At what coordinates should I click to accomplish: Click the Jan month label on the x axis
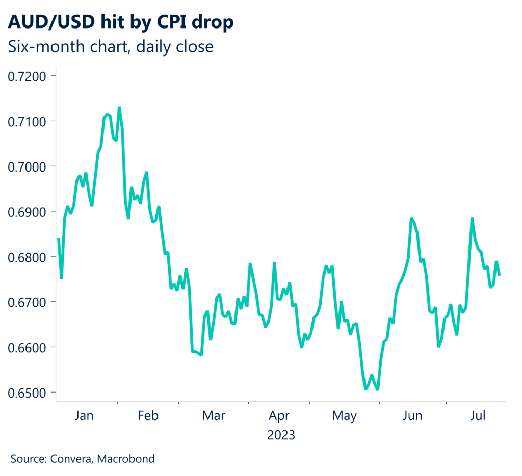[x=84, y=416]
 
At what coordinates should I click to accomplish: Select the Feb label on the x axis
[x=148, y=416]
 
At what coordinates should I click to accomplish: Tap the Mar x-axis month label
[x=214, y=416]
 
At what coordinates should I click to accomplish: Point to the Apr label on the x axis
[x=279, y=416]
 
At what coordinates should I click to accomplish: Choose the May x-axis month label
[x=344, y=416]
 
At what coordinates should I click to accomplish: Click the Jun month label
[x=412, y=416]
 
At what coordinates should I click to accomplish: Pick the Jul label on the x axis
[x=477, y=416]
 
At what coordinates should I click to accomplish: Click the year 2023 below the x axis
[x=281, y=436]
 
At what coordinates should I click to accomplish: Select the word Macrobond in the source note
[x=126, y=459]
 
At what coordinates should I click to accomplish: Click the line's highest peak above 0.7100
[x=119, y=108]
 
